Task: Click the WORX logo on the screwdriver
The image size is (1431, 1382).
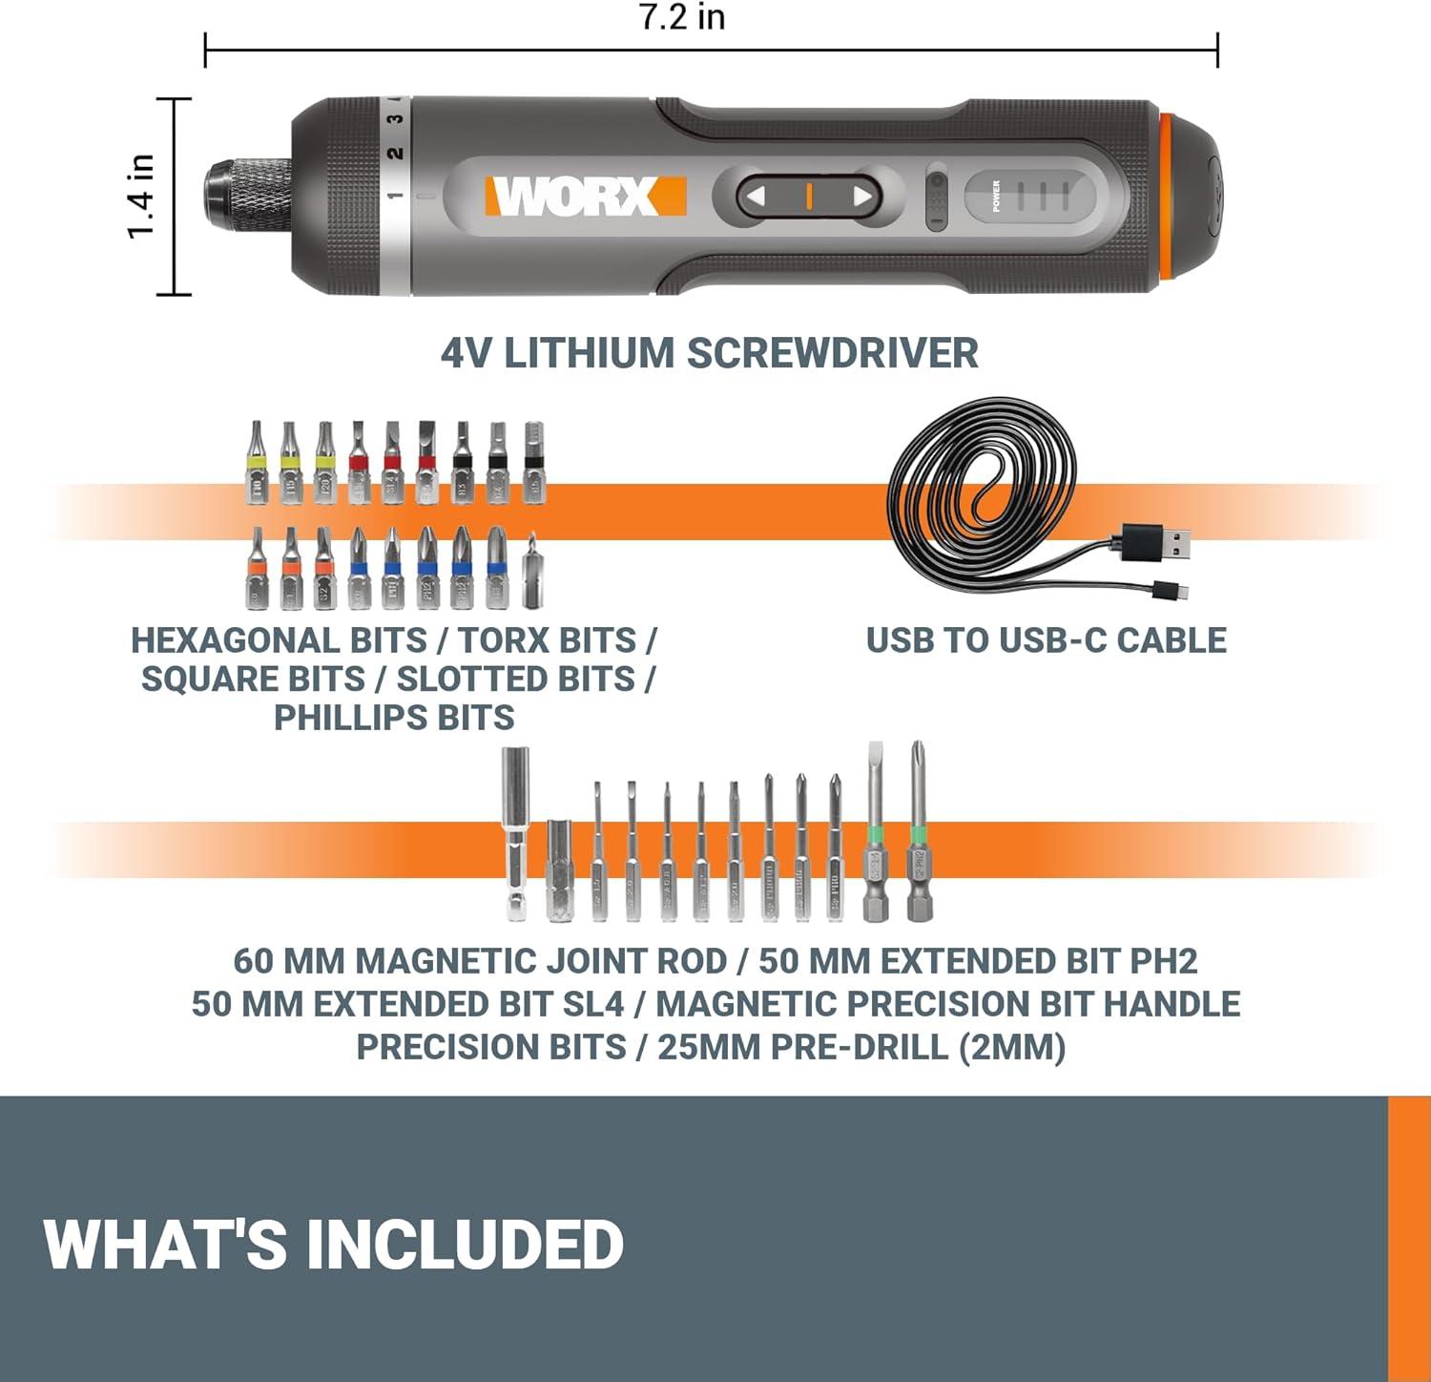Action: pos(585,197)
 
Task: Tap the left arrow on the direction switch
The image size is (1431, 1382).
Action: pos(756,197)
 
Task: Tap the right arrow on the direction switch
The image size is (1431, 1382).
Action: pos(862,197)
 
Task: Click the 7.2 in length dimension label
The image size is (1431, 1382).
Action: pos(682,17)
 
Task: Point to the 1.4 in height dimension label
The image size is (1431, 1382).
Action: pos(141,196)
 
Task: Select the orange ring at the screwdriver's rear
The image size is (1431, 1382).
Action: pos(1166,197)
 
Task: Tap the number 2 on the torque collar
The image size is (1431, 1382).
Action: pos(395,153)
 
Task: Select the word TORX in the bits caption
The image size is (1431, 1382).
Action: pos(499,640)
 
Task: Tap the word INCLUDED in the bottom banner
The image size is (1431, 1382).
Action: pos(465,1245)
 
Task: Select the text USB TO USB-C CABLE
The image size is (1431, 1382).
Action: pos(1046,640)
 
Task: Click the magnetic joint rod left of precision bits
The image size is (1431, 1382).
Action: pos(516,835)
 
